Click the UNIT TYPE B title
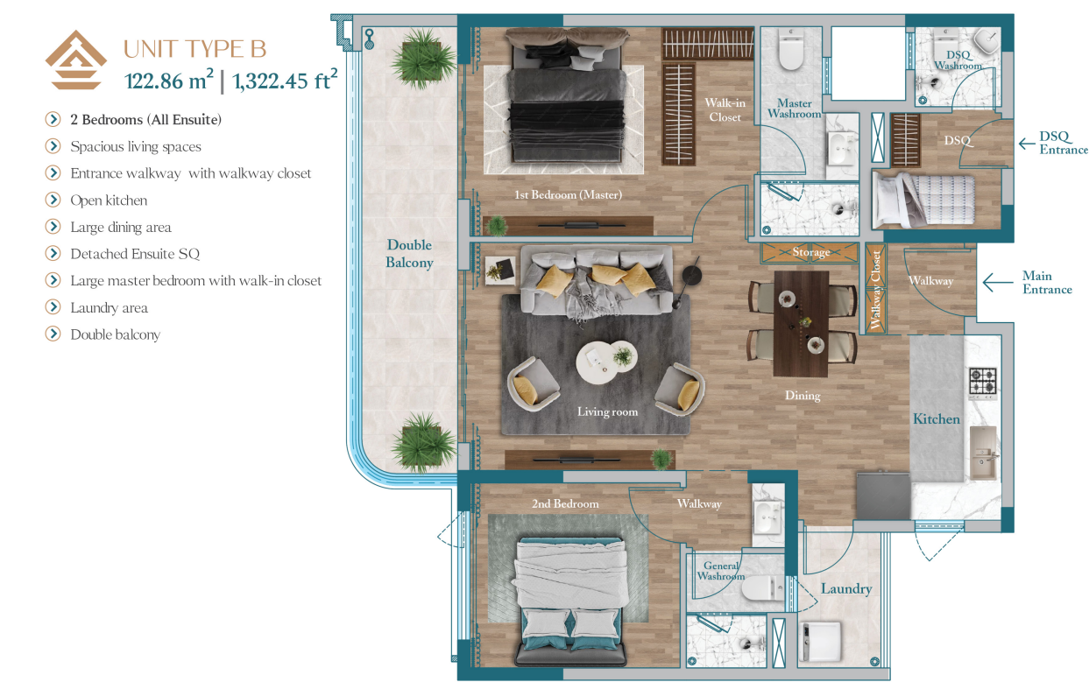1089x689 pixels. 195,49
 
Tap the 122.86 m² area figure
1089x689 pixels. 169,80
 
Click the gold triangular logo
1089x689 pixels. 76,60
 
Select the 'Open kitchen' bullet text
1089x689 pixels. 109,200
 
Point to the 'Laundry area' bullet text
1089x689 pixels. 109,307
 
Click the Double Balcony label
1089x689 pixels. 409,253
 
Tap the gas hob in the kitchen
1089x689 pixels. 983,381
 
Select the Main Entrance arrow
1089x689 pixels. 998,282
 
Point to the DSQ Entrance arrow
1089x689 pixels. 1027,144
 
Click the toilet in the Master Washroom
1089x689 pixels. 790,49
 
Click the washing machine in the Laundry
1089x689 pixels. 820,641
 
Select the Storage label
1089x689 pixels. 811,251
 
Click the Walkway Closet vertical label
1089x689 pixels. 875,290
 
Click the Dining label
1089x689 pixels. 803,396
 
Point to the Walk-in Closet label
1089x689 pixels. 725,109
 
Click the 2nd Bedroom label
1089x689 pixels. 565,504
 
